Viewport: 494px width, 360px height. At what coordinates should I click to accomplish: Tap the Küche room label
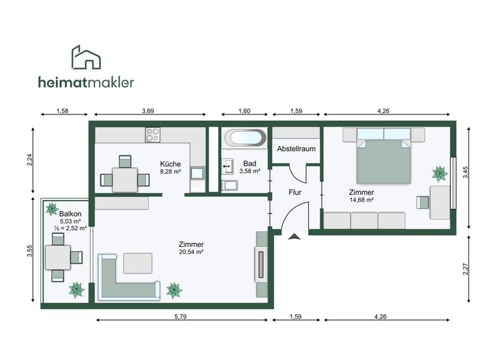170,163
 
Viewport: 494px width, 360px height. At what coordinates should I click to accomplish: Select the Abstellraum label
296,148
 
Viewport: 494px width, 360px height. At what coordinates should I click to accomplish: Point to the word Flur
295,192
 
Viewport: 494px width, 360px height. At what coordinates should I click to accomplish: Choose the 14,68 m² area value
361,200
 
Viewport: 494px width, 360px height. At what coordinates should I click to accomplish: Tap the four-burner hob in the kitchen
153,134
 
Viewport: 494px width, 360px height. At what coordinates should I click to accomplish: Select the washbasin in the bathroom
228,166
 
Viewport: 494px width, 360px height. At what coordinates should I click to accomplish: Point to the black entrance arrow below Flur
295,237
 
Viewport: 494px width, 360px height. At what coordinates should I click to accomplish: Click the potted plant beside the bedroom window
439,172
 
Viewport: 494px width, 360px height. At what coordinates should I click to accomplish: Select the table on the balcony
58,257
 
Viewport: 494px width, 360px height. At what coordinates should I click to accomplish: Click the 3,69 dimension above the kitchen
148,111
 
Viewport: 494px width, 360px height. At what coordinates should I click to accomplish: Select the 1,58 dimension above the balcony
62,111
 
